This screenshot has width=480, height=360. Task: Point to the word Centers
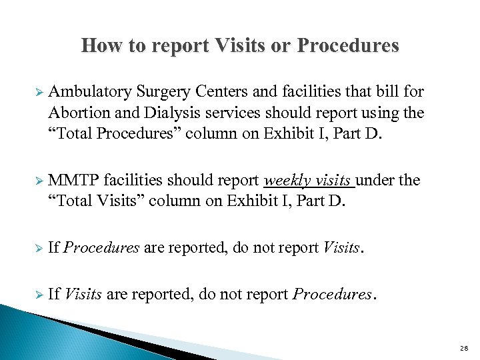pos(217,92)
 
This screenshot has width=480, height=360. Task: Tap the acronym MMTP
pos(71,180)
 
